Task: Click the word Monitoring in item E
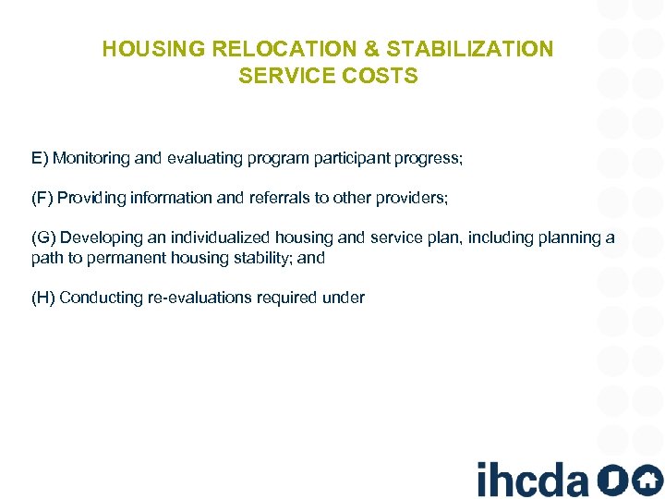(91, 158)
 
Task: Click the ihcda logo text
(532, 480)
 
